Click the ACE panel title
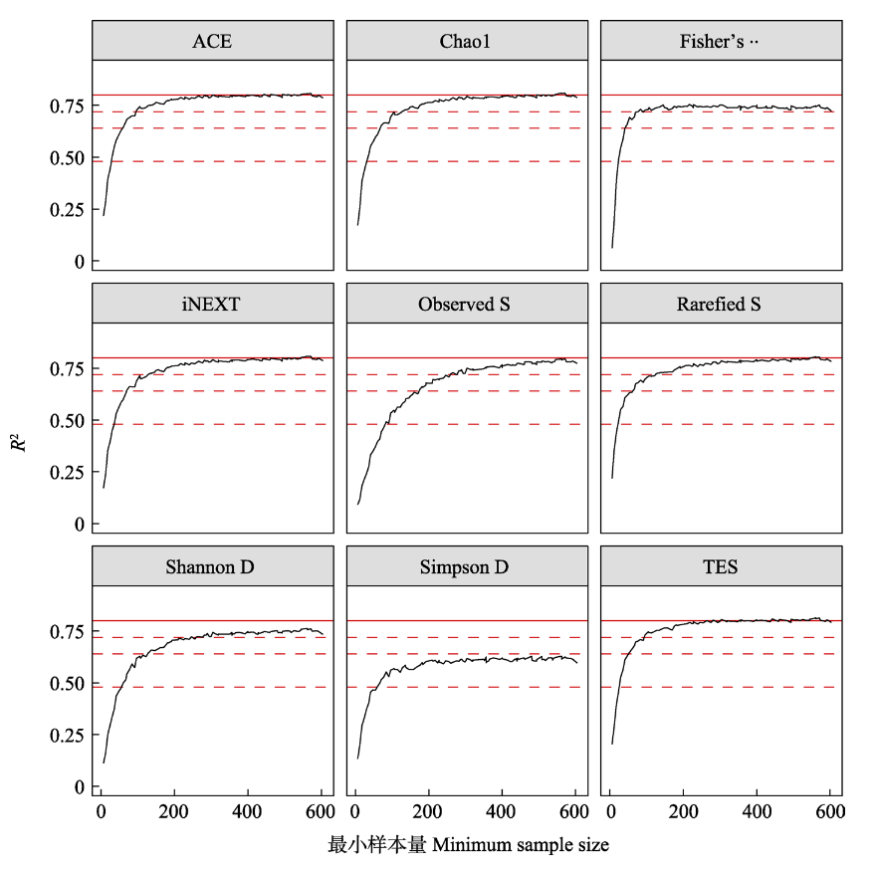pos(212,42)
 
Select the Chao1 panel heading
pos(466,42)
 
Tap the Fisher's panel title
pos(720,42)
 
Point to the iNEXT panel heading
pos(212,305)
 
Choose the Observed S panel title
pos(466,305)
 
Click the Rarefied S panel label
pos(720,305)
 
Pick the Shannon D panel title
pos(212,567)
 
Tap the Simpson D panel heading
pos(466,567)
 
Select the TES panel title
pos(720,567)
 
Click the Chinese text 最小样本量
pos(377,845)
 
